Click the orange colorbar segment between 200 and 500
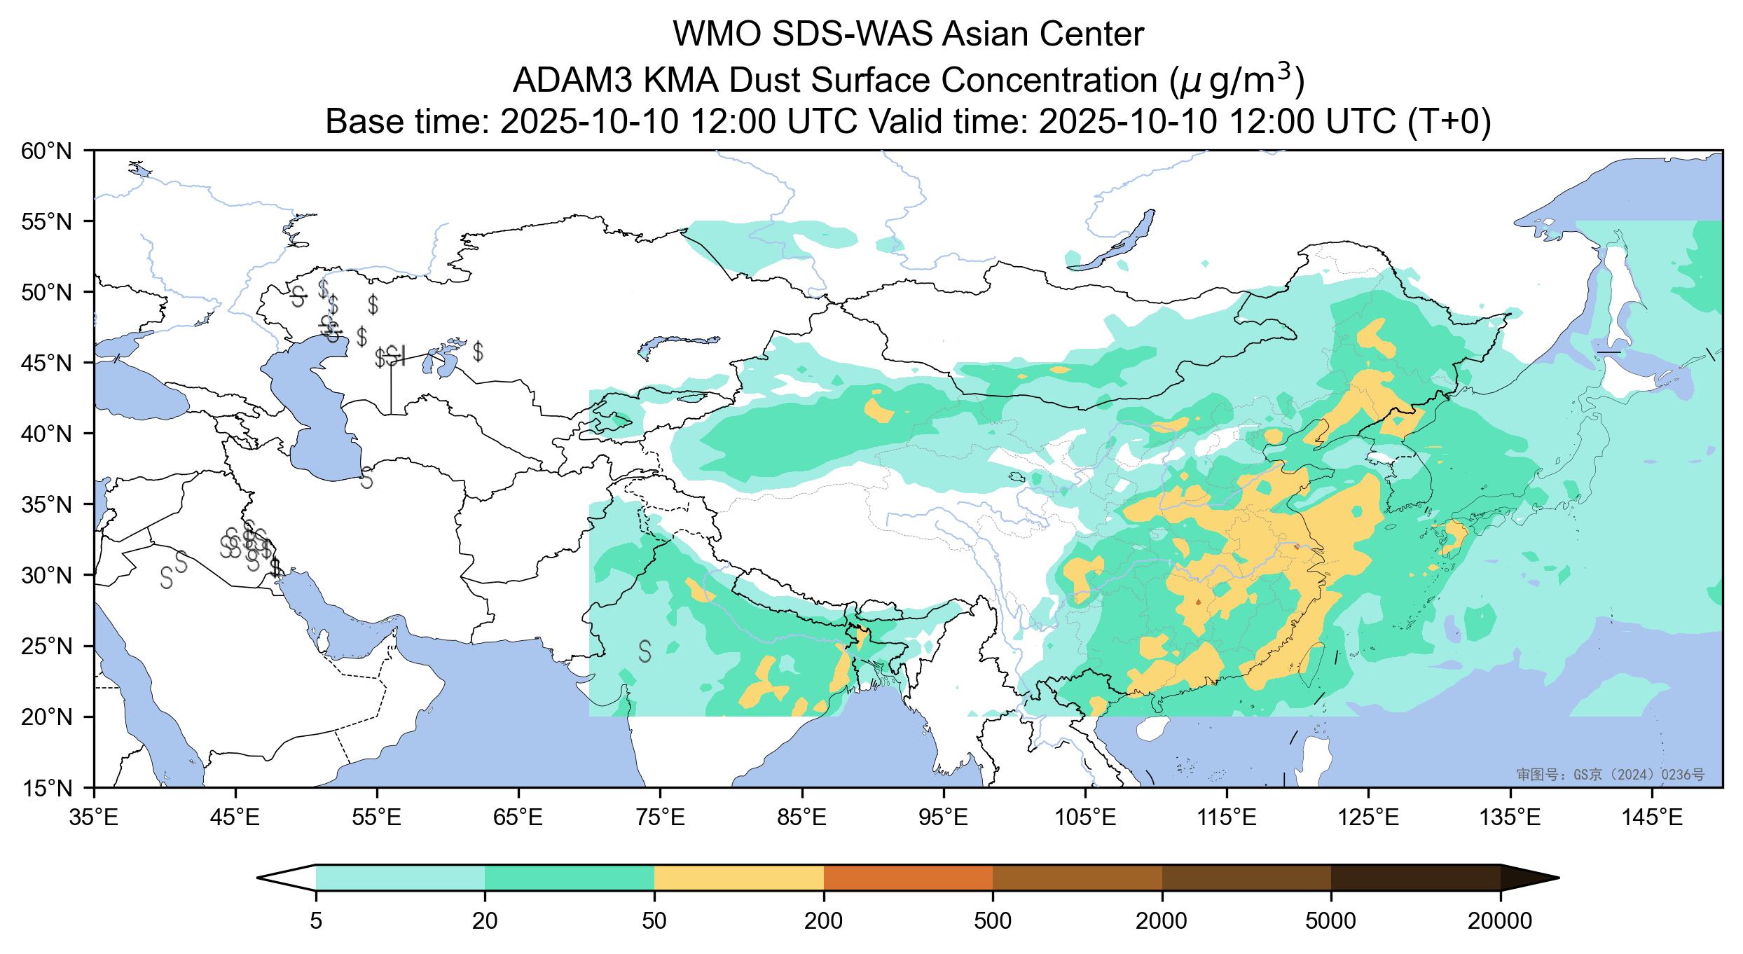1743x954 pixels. (x=908, y=878)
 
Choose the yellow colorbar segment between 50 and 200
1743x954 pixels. (x=738, y=878)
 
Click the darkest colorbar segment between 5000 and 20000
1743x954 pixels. (x=1415, y=878)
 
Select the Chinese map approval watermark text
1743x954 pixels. (x=1610, y=774)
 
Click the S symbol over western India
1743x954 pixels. (x=645, y=651)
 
